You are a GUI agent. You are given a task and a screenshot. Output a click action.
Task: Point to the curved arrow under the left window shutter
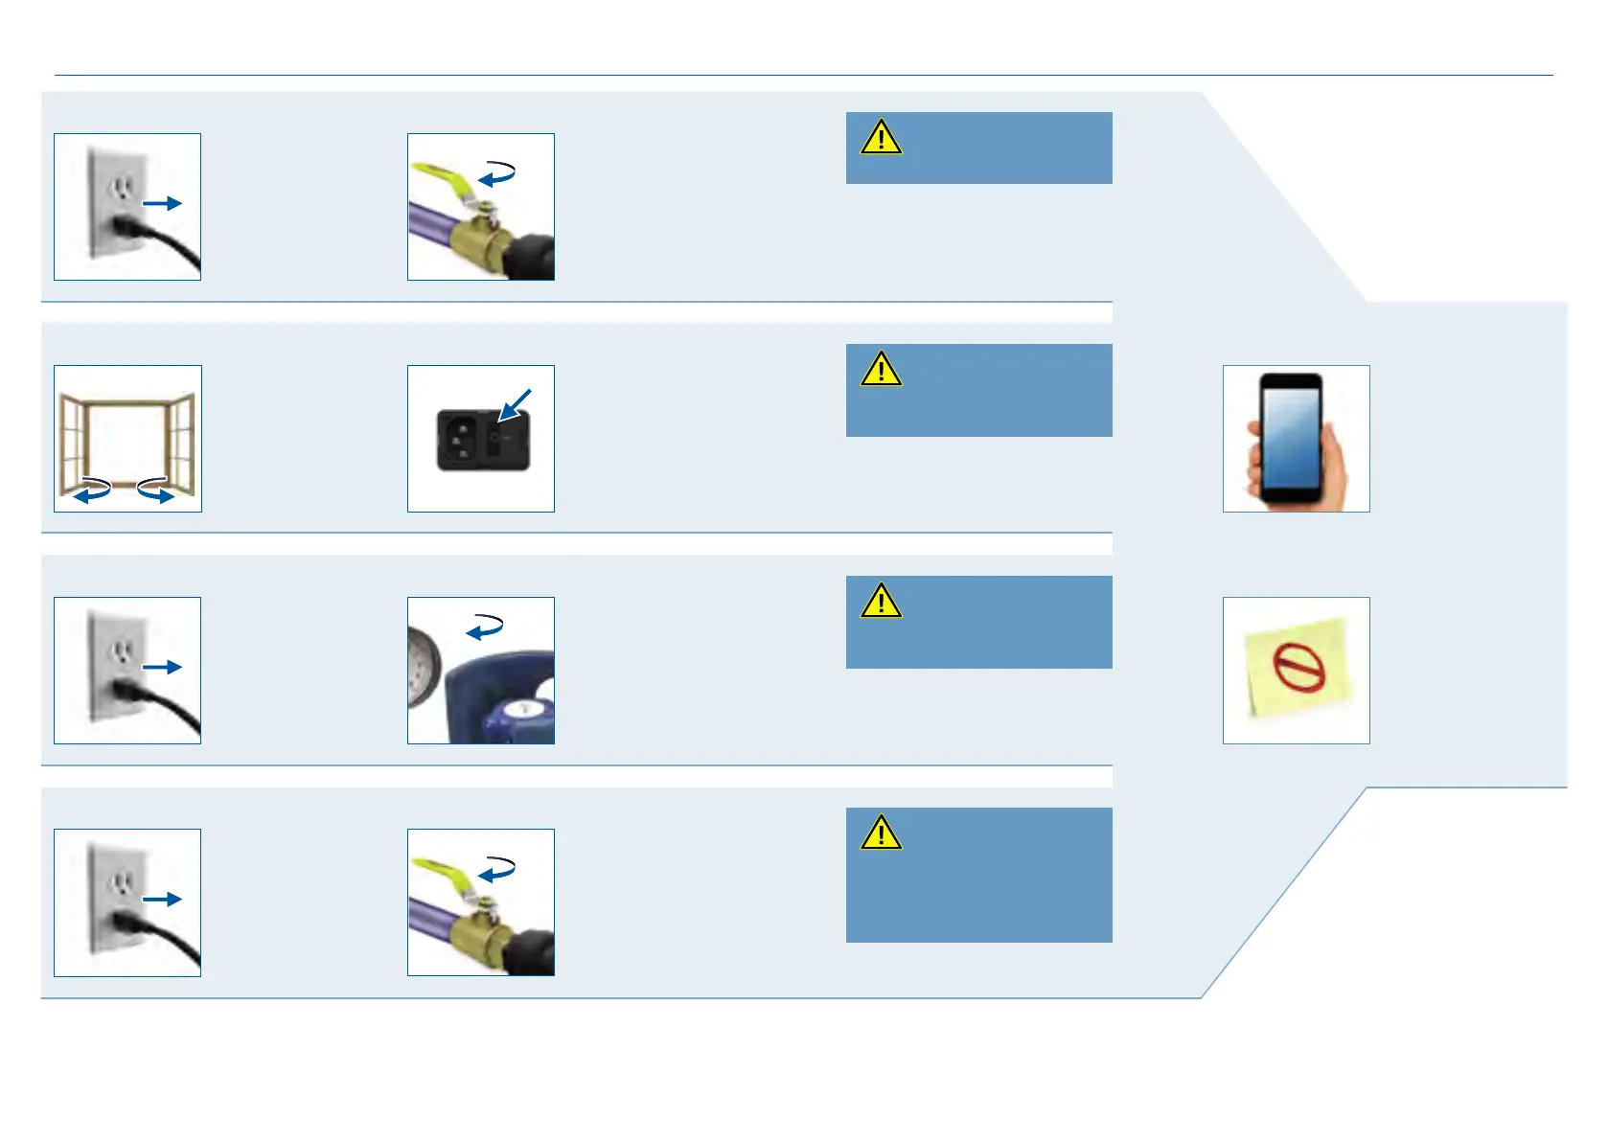click(93, 490)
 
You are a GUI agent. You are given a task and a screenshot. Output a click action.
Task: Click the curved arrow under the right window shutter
click(155, 490)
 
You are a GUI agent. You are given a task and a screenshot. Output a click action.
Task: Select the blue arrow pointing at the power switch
click(514, 403)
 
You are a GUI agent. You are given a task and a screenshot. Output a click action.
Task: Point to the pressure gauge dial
click(423, 665)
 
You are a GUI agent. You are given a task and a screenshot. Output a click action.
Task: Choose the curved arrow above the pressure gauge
click(485, 626)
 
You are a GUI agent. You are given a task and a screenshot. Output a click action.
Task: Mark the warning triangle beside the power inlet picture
click(881, 370)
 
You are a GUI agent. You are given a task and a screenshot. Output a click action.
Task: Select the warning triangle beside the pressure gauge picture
click(881, 602)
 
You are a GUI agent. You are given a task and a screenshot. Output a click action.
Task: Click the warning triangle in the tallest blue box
click(881, 833)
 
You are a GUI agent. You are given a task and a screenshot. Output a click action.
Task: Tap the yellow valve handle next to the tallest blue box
click(442, 871)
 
